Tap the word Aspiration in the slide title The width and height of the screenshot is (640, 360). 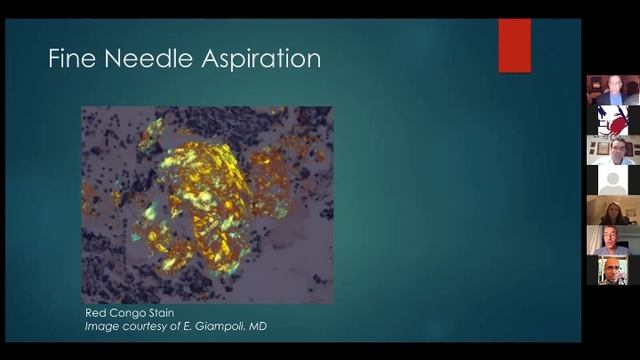[262, 59]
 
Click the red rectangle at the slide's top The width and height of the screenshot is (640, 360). [514, 45]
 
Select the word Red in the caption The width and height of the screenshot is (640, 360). [95, 313]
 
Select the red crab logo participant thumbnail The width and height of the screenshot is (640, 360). [613, 120]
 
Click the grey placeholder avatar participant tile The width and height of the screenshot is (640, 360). [613, 180]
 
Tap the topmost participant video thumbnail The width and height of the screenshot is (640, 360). [613, 90]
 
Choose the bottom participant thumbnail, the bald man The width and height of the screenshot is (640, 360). [613, 270]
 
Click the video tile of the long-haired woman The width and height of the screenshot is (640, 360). [613, 210]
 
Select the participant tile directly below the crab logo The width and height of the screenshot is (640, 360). [613, 150]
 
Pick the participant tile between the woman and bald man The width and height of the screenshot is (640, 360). [613, 240]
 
